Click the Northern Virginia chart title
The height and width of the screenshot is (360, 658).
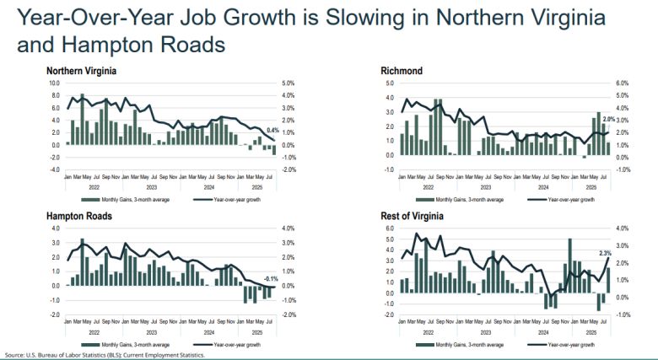tap(81, 71)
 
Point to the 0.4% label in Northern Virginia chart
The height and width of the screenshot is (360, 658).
tap(272, 131)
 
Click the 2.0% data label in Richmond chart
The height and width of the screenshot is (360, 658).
tap(607, 121)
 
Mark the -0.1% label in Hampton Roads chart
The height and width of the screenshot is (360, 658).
tap(272, 278)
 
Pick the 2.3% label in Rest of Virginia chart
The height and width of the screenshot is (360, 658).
tap(605, 253)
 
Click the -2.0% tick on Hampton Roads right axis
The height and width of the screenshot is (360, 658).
tap(286, 314)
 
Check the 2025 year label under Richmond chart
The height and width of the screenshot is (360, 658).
tap(592, 187)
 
